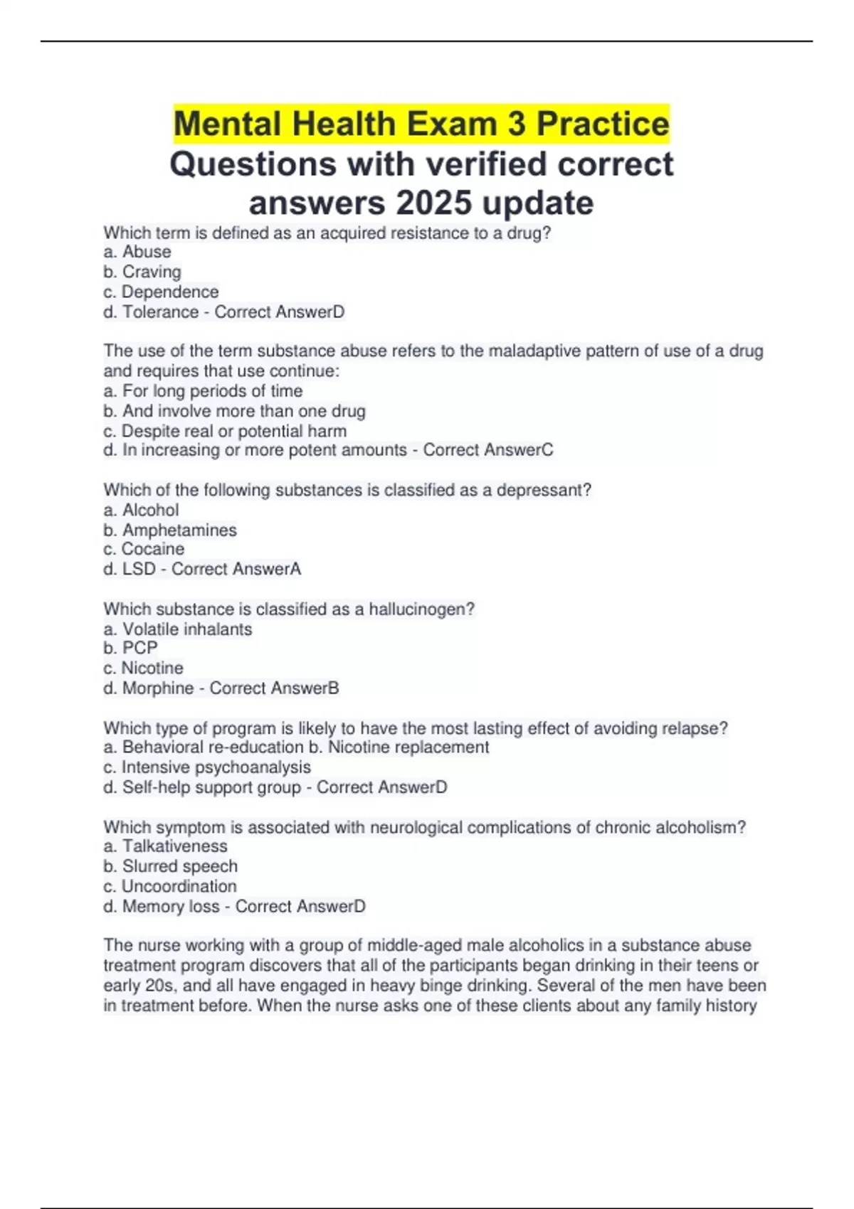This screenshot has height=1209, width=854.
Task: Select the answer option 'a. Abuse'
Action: (x=137, y=252)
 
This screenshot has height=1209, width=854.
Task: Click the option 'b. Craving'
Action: (x=142, y=272)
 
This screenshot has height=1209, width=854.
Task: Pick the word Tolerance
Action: (x=160, y=311)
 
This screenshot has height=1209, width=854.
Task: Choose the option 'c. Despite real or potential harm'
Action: (x=225, y=431)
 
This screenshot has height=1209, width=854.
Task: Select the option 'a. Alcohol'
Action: (x=141, y=510)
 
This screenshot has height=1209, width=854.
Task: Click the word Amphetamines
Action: (x=179, y=530)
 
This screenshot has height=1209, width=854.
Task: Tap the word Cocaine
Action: (x=152, y=549)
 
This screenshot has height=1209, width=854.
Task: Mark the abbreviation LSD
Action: (x=139, y=569)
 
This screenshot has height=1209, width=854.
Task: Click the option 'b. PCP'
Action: (x=130, y=648)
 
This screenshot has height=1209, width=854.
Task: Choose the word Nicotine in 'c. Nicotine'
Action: (x=152, y=668)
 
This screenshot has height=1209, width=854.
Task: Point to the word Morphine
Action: (x=158, y=688)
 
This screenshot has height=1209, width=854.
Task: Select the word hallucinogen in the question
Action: (x=421, y=609)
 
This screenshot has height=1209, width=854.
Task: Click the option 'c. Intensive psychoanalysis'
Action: (x=207, y=767)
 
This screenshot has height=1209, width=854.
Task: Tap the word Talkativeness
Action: (x=175, y=846)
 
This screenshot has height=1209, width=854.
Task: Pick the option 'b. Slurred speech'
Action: (x=170, y=866)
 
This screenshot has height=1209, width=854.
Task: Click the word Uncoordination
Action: (x=179, y=886)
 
